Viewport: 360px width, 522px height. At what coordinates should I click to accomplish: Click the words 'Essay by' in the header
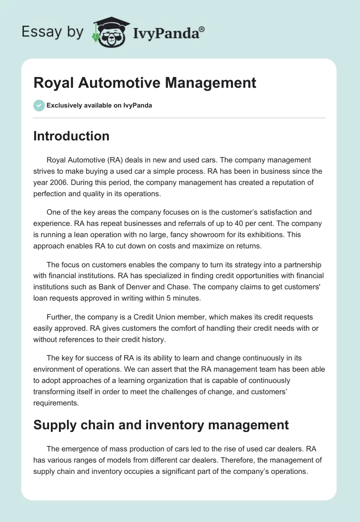(53, 32)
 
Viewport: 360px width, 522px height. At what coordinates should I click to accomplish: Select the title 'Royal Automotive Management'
(144, 83)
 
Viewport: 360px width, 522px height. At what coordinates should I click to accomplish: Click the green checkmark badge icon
(39, 105)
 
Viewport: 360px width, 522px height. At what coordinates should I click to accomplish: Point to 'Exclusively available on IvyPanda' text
(99, 106)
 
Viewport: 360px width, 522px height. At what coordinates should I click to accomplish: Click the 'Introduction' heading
(71, 136)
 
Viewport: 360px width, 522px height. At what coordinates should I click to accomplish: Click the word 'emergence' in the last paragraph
(80, 449)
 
